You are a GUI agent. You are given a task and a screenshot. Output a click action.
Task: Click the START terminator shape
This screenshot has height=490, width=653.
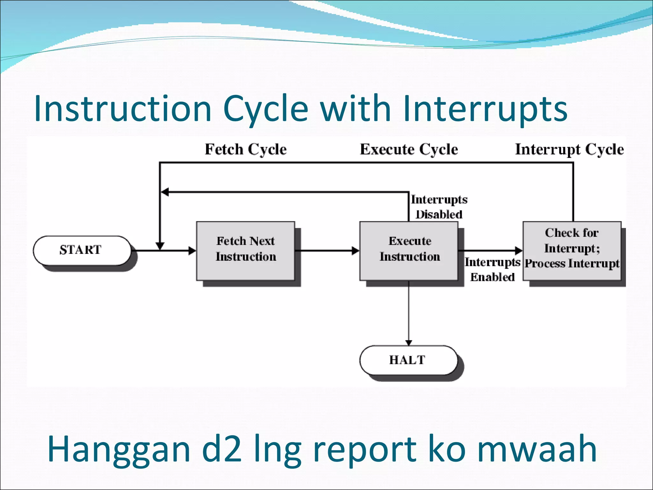pos(82,250)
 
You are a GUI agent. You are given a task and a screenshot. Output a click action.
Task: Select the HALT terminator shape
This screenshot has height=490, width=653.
pos(408,360)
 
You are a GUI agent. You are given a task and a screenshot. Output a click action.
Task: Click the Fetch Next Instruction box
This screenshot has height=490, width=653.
pos(246,251)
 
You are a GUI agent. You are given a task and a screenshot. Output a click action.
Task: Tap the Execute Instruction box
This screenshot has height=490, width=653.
pos(409,251)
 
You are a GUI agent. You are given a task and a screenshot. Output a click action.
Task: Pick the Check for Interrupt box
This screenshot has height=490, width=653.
pos(572,251)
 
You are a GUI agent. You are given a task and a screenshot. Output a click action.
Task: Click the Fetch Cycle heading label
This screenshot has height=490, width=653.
pos(246,149)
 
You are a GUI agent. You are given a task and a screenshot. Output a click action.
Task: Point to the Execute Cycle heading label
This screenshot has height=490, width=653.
pos(409,149)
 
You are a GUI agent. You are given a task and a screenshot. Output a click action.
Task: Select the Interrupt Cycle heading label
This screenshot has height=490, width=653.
pos(569,149)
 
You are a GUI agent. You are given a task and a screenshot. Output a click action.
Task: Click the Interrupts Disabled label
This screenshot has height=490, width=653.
pos(439,207)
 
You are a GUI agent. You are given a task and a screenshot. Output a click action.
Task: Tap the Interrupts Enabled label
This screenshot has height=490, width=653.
pos(492,270)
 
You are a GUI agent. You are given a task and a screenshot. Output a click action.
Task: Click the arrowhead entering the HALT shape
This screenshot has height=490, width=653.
pos(409,343)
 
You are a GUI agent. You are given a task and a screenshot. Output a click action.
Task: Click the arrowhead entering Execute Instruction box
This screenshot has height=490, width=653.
pos(356,251)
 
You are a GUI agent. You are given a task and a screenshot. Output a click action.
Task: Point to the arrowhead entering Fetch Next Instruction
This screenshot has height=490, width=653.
pos(192,251)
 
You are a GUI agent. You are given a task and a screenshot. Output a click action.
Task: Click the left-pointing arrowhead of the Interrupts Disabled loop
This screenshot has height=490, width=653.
pos(165,192)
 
